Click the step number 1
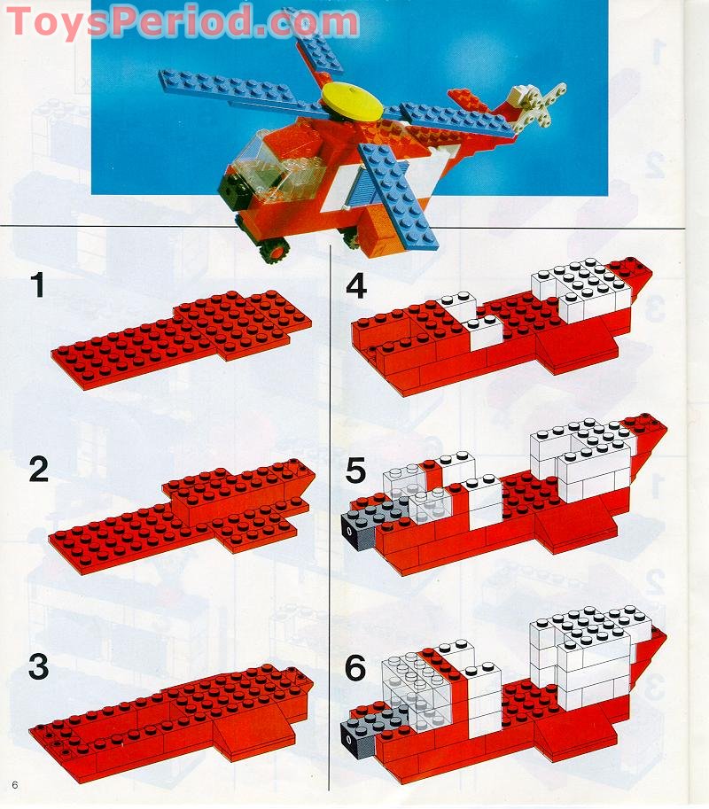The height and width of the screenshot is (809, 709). click(x=37, y=285)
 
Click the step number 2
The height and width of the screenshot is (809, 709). click(x=38, y=471)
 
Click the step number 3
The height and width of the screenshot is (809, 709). click(x=38, y=666)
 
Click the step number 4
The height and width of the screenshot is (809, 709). click(x=355, y=285)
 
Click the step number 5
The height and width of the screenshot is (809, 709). click(x=355, y=471)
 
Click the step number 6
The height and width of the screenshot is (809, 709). click(x=355, y=666)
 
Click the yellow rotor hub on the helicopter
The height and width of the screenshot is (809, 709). click(x=351, y=99)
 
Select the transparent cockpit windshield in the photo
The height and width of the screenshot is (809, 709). click(x=257, y=159)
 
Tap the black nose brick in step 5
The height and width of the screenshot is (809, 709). click(x=355, y=533)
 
